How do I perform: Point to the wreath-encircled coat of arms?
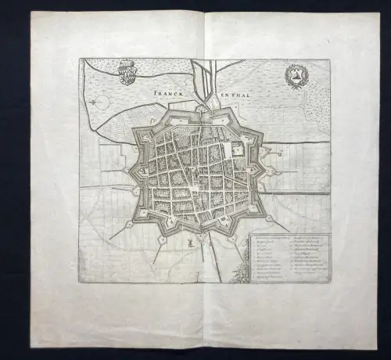pyautogui.click(x=296, y=77)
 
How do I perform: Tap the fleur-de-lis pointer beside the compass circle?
pyautogui.click(x=110, y=100)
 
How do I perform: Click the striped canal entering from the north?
pyautogui.click(x=203, y=78)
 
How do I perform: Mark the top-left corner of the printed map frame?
pyautogui.click(x=79, y=59)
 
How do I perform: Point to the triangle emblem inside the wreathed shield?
pyautogui.click(x=296, y=77)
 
